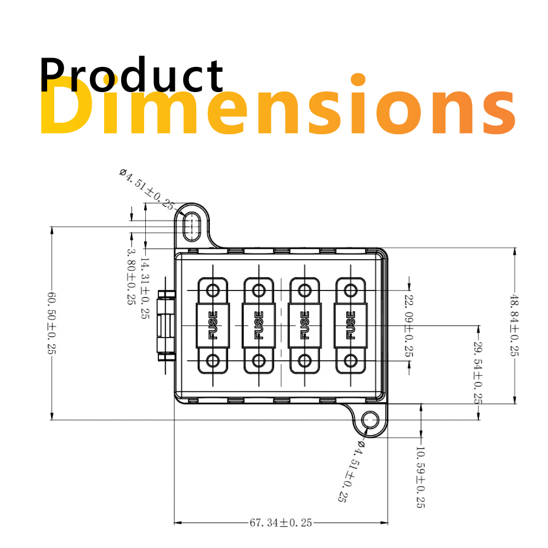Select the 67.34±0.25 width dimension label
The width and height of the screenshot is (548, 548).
(281, 523)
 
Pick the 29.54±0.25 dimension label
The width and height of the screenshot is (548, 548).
(478, 373)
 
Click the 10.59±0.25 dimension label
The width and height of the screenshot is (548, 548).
(420, 477)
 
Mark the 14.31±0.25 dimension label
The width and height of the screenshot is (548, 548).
(145, 288)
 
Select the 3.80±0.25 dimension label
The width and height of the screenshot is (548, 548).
(132, 277)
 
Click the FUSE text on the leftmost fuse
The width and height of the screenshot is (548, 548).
(213, 326)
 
